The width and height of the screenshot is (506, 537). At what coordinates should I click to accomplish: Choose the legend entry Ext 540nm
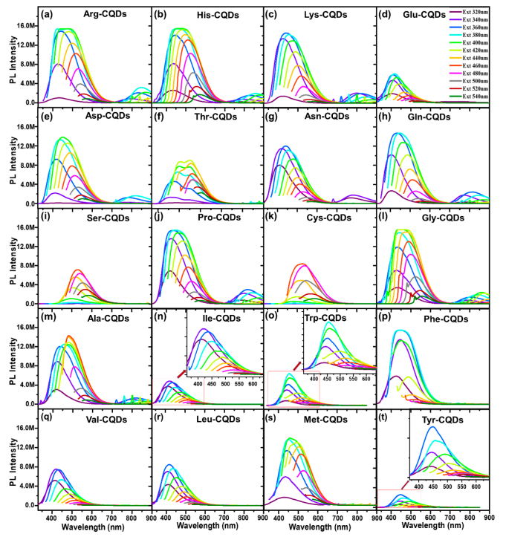pos(473,97)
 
